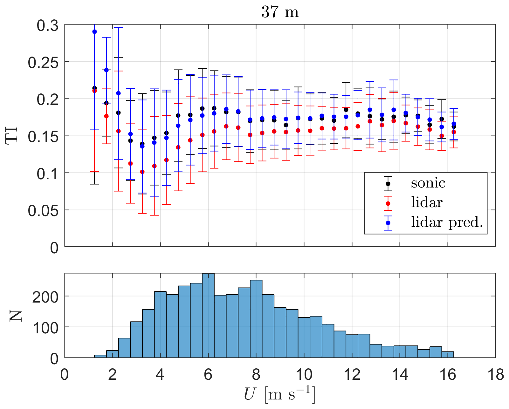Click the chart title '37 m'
[x=280, y=12]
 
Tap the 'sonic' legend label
[x=428, y=183]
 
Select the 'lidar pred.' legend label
[x=447, y=222]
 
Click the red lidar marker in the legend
[x=388, y=203]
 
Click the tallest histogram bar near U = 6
[x=208, y=316]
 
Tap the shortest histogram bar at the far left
[x=100, y=356]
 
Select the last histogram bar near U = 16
[x=448, y=354]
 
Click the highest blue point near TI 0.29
[x=94, y=32]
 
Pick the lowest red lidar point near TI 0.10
[x=142, y=172]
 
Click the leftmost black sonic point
[x=94, y=88]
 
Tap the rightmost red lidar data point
[x=454, y=132]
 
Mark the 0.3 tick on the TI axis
[x=48, y=25]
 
